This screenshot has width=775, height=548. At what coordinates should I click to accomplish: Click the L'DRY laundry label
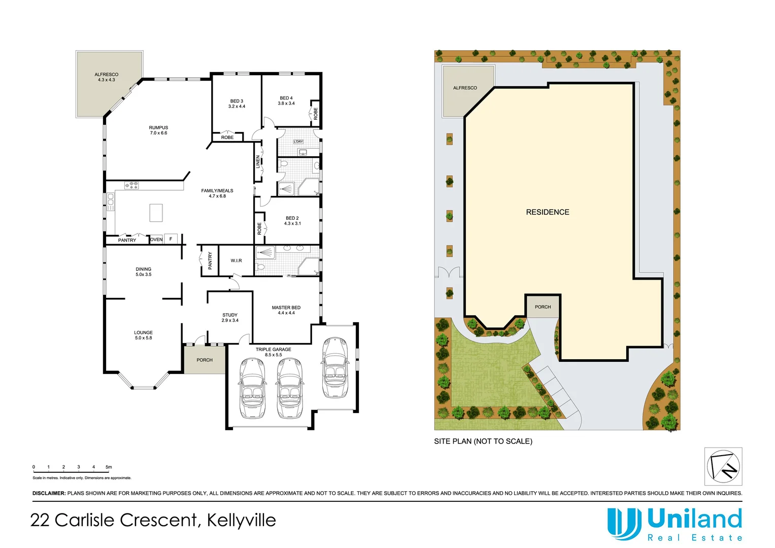[x=298, y=142]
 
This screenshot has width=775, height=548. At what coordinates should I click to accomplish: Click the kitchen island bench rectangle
[x=156, y=213]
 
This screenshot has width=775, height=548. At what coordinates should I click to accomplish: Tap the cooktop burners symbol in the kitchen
[x=132, y=186]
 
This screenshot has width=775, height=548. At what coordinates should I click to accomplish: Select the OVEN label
[x=156, y=239]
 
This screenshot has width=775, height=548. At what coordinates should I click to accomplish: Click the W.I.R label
[x=237, y=261]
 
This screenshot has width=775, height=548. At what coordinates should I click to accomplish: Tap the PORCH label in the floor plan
[x=205, y=360]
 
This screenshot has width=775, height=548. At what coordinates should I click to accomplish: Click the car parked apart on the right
[x=335, y=367]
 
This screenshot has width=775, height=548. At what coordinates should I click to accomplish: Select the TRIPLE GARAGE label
[x=274, y=350]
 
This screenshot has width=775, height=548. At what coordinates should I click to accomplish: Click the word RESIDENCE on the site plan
[x=548, y=212]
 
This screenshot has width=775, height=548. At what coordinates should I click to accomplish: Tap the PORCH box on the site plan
[x=543, y=307]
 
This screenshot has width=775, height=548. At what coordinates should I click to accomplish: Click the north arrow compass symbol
[x=723, y=466]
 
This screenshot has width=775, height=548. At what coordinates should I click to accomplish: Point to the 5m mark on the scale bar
[x=109, y=467]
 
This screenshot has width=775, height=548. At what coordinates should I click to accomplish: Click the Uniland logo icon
[x=624, y=524]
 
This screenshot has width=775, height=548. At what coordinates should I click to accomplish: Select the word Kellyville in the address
[x=242, y=520]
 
